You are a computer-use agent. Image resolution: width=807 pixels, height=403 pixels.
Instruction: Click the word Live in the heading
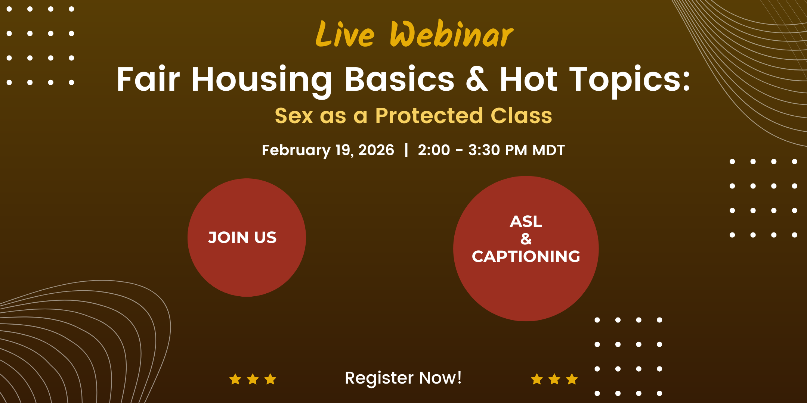345,34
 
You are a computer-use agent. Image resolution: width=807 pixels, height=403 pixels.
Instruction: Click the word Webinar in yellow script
452,34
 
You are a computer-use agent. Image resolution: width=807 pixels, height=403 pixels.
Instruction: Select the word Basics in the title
399,79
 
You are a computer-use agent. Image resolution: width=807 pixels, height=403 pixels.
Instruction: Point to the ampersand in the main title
477,79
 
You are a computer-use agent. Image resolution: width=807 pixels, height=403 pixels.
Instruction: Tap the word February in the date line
296,151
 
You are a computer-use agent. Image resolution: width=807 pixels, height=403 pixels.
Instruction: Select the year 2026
376,150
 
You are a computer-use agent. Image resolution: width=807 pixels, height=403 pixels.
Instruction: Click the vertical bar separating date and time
406,150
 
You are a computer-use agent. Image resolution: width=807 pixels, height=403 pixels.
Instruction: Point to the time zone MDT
548,150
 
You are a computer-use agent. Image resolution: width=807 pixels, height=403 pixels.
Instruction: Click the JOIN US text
242,238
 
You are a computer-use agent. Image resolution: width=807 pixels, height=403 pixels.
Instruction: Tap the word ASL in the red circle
526,222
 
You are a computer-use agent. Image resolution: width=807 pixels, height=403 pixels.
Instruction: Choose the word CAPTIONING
526,256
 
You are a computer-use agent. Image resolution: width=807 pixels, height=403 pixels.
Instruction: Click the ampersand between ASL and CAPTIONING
526,239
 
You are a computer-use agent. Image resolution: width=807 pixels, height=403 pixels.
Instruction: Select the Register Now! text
403,378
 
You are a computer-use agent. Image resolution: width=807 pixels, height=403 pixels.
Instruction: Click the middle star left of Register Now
253,379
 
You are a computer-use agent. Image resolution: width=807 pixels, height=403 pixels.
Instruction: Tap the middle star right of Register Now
554,379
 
